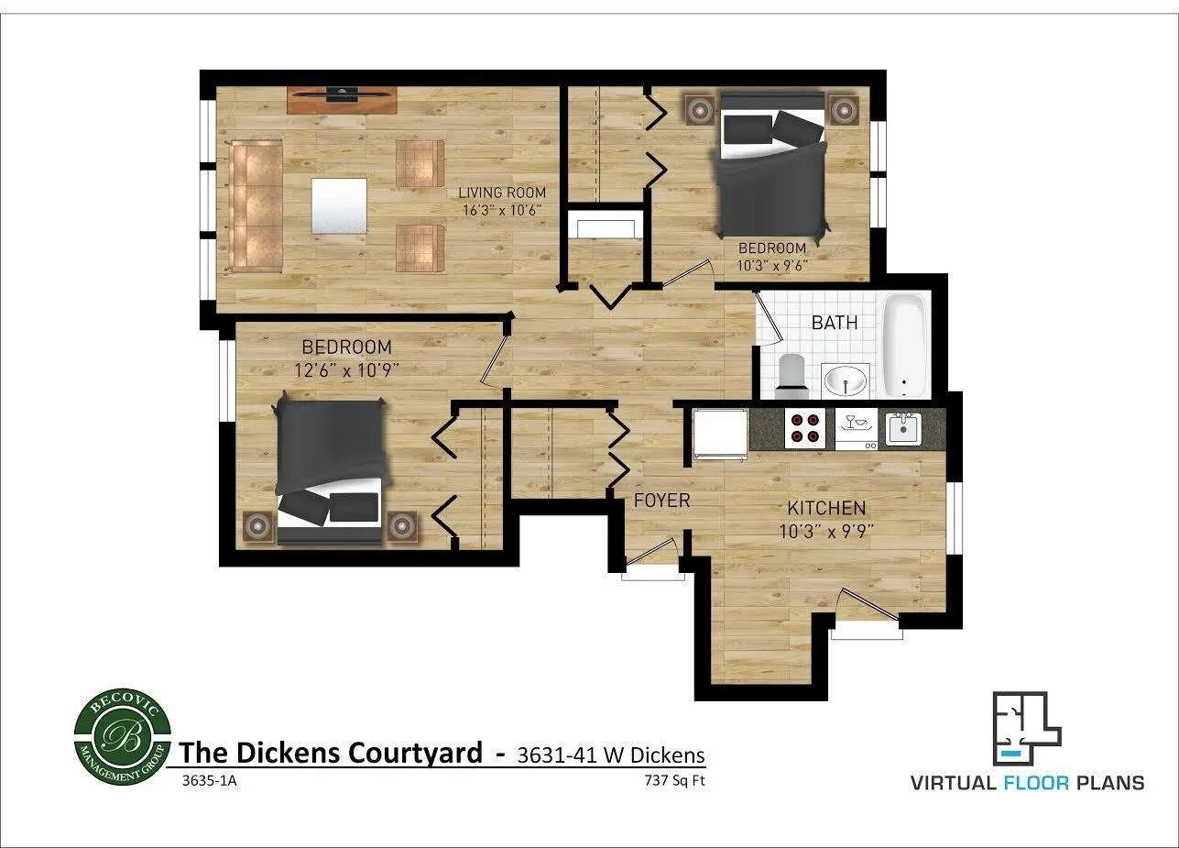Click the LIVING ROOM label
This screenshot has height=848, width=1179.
(502, 193)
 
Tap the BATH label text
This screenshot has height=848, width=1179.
(835, 323)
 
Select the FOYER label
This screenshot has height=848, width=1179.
(662, 501)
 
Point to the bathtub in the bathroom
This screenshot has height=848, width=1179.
(906, 344)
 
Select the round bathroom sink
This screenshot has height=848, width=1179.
(846, 380)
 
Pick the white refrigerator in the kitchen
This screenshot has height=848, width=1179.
(720, 433)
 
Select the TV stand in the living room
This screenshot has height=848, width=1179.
(343, 99)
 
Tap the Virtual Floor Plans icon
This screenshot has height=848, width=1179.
(1026, 730)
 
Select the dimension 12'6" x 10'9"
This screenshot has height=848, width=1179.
(346, 369)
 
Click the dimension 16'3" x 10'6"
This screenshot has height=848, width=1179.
(502, 210)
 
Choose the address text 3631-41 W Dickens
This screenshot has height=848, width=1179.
(611, 755)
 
